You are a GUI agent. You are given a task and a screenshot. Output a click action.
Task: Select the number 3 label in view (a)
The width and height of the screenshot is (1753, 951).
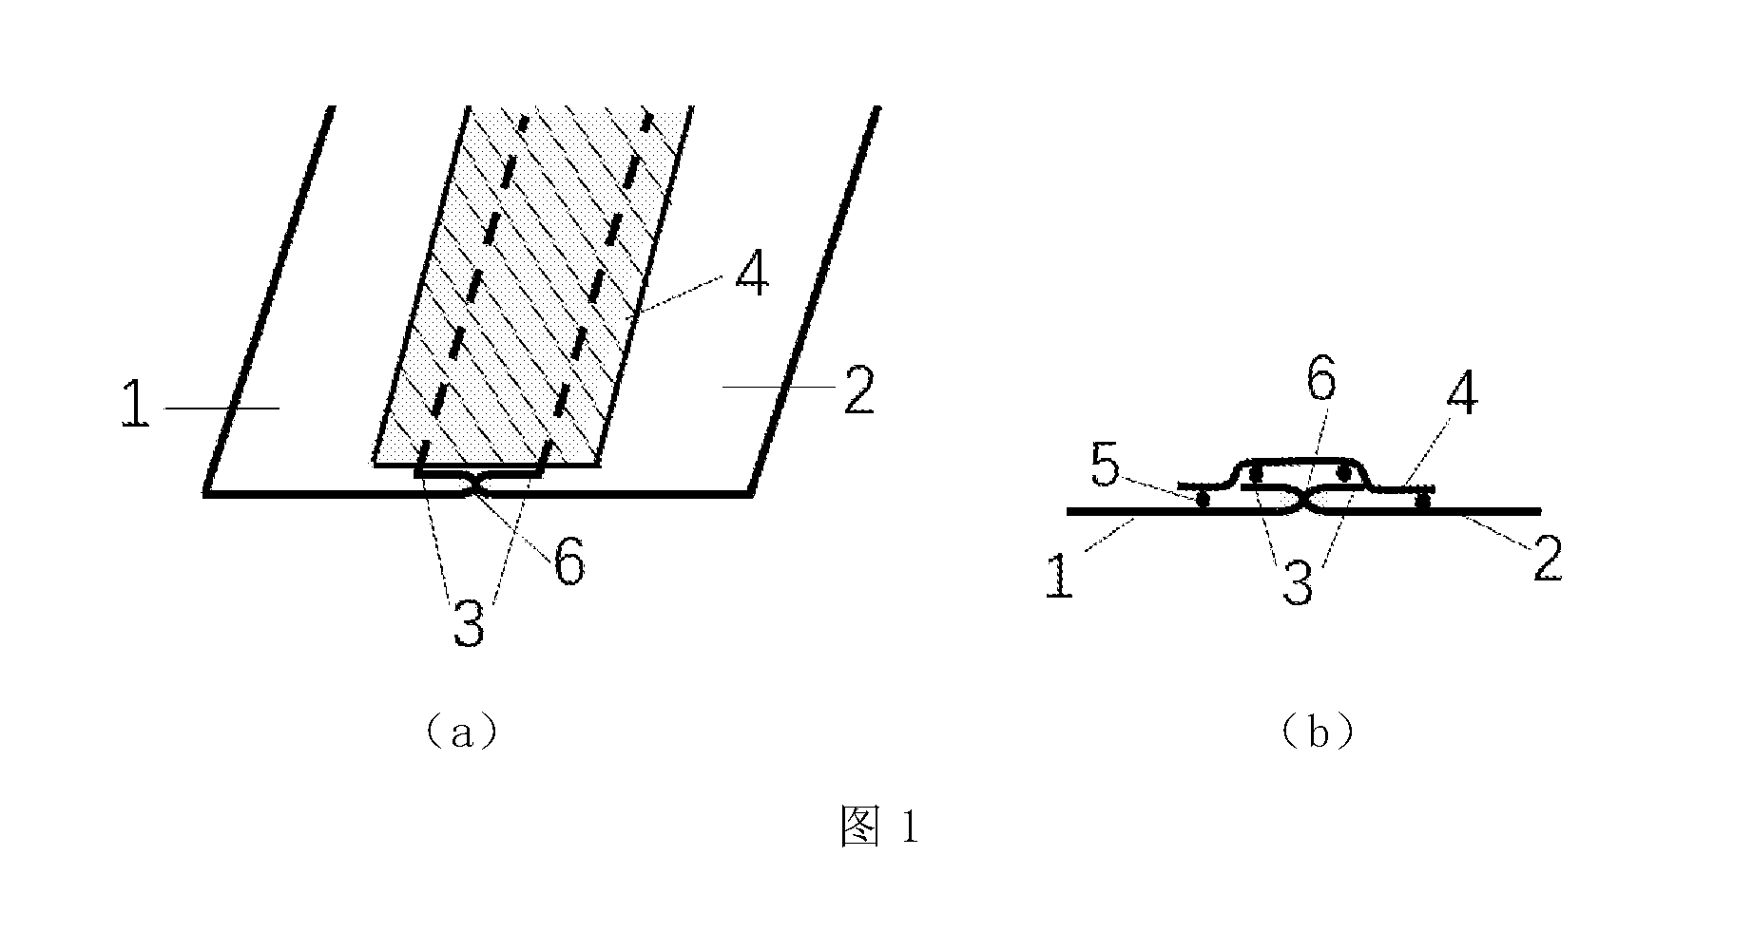coord(468,623)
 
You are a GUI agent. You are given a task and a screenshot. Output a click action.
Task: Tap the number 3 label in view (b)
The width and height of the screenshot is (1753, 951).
coord(1298,584)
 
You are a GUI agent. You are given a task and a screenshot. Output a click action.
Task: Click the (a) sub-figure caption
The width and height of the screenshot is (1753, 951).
coord(461,733)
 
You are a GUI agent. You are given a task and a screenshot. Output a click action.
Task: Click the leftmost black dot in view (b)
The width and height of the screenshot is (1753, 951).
coord(1204,500)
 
